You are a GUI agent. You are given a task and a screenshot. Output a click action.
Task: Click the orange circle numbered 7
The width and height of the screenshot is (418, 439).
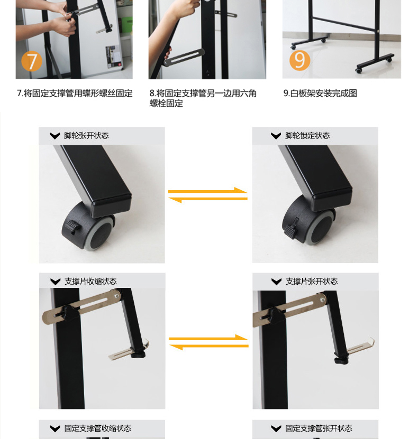coord(32,61)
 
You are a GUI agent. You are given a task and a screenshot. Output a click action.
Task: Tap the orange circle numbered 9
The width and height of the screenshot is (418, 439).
coord(299,60)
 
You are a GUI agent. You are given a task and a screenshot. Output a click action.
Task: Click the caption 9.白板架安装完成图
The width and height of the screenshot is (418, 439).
coord(320,93)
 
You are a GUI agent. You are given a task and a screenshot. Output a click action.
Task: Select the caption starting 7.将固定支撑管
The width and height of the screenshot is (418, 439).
coord(75,93)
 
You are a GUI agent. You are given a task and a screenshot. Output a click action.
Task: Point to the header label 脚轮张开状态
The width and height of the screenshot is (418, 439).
coord(86,136)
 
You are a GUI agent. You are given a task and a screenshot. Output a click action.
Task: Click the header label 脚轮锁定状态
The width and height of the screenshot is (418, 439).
coord(307,136)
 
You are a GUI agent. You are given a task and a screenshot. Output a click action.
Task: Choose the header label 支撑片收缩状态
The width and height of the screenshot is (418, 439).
coord(90,282)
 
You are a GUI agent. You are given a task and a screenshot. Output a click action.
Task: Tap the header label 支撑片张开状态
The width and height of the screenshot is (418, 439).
coord(312,282)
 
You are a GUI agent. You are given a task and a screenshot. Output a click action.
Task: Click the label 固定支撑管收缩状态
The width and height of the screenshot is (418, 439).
coord(97,428)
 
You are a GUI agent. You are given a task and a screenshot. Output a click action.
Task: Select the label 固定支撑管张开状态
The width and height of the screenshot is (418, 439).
coord(319,428)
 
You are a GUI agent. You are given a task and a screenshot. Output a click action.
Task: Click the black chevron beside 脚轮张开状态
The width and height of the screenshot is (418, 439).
coord(55,136)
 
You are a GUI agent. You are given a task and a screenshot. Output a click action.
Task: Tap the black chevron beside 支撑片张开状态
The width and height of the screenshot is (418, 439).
coord(276,282)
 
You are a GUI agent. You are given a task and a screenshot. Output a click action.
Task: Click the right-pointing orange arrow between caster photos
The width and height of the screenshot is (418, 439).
coord(208,191)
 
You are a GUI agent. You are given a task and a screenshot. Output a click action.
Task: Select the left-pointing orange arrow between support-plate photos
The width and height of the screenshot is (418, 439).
coord(209,347)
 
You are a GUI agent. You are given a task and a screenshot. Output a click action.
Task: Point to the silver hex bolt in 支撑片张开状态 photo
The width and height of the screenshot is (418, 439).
coord(323,300)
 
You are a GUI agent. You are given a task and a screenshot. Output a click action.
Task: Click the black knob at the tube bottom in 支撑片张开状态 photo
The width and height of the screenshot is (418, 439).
coord(340,359)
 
